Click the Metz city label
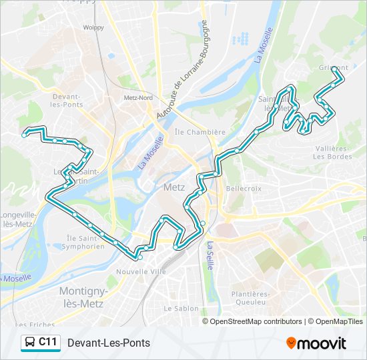(174, 188)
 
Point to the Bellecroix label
(244, 189)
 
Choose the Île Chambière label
(200, 132)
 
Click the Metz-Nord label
(138, 97)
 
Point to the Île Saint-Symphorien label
(85, 242)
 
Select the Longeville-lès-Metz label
(19, 219)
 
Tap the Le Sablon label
(181, 309)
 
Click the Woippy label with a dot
(93, 27)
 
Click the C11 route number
(47, 343)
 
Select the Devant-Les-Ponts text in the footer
(109, 343)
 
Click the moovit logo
(316, 343)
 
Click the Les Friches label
(24, 325)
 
